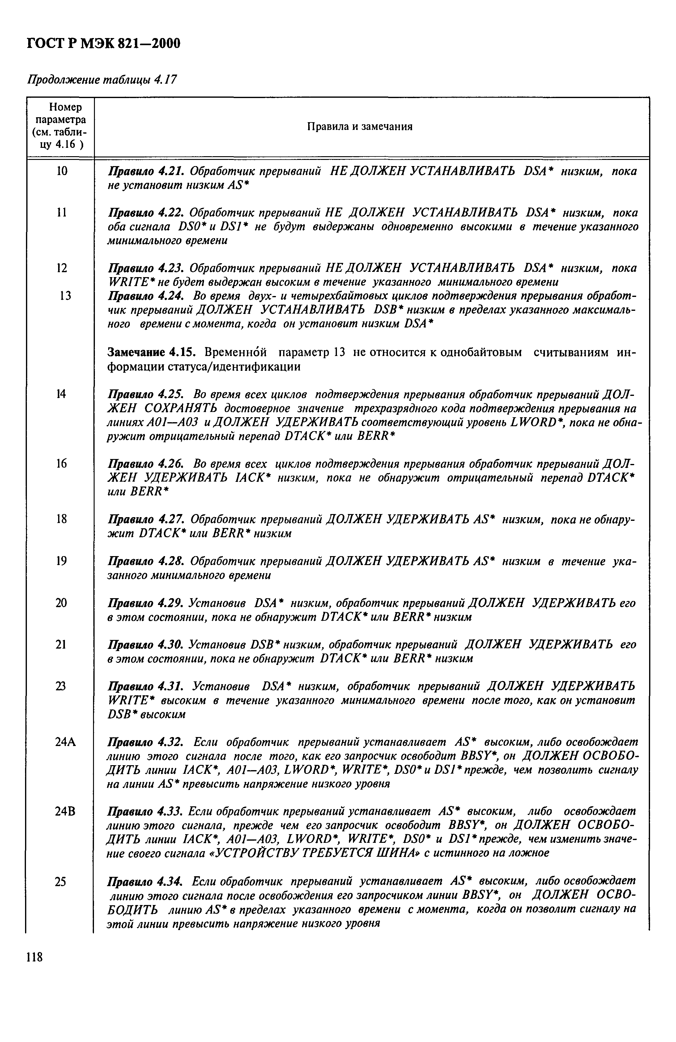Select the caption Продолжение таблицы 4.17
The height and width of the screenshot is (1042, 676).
click(x=102, y=80)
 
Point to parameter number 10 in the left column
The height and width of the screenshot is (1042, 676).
click(x=62, y=171)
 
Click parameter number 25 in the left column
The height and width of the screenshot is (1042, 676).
click(x=61, y=881)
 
